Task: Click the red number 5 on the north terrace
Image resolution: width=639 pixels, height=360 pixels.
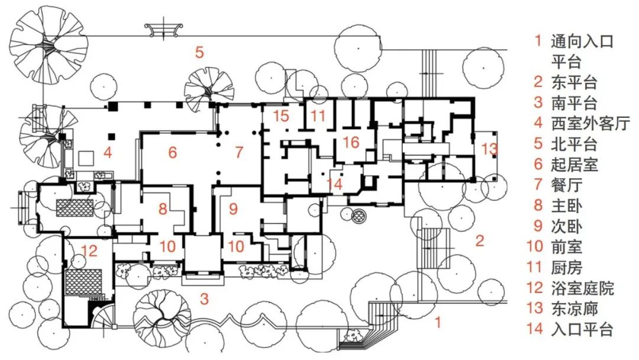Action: tap(199, 52)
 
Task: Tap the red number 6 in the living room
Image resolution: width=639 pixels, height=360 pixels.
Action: tap(172, 153)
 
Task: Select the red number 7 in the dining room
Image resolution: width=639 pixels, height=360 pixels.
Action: tap(239, 153)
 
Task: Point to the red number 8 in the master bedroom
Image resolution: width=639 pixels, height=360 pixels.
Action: tap(163, 209)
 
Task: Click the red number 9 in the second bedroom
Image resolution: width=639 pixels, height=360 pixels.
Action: tap(233, 209)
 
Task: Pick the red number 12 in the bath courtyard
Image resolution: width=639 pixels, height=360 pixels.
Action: tap(89, 250)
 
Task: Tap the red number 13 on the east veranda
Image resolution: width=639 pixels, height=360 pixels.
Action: tap(489, 149)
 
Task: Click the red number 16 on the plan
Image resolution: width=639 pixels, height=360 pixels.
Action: tap(350, 142)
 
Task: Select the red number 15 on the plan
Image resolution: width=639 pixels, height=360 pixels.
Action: tap(281, 116)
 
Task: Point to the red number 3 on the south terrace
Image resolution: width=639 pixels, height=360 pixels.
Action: tap(204, 299)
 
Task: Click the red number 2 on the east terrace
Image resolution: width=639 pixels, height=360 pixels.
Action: tap(480, 240)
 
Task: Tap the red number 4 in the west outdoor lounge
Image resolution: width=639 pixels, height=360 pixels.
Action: tap(108, 153)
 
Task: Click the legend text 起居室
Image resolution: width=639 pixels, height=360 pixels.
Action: tap(575, 164)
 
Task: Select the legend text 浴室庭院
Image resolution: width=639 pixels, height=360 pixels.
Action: tap(582, 288)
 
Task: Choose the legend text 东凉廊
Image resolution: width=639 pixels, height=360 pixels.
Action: tap(575, 308)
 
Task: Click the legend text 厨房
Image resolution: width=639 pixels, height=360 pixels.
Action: tap(567, 267)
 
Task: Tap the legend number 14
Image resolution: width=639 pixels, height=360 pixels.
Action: tap(535, 329)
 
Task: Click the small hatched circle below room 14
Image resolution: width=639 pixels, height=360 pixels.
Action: tap(359, 215)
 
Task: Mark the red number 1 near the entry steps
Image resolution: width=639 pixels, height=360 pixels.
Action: tap(438, 323)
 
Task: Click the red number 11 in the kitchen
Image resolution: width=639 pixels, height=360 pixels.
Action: tap(318, 116)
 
